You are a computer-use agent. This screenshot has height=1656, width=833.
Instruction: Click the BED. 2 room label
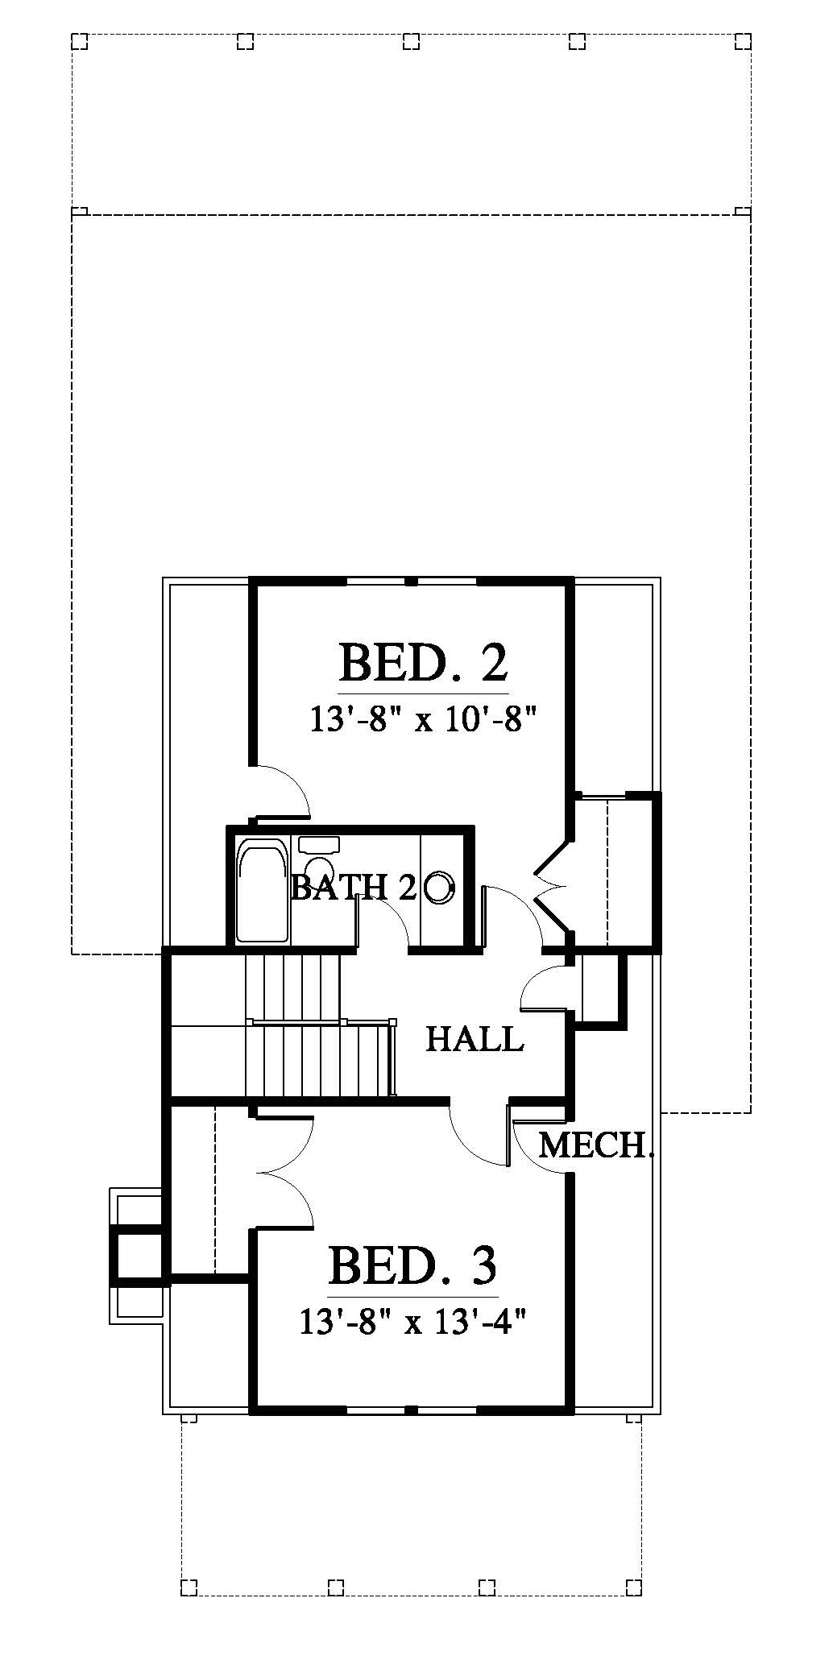[x=424, y=662]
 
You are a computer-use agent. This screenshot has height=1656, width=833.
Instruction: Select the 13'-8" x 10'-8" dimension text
[x=423, y=718]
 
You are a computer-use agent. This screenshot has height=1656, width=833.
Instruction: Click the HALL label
[x=475, y=1038]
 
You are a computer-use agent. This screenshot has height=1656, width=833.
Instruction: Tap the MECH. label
[x=595, y=1145]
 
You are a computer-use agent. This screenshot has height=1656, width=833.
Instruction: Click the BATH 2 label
[x=353, y=887]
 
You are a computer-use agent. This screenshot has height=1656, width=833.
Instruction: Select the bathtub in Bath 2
[x=262, y=890]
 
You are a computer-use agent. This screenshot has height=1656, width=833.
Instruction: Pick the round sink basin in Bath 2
[x=439, y=887]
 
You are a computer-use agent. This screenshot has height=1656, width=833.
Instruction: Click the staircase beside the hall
[x=321, y=1025]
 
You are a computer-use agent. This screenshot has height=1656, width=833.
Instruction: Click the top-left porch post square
[x=79, y=41]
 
